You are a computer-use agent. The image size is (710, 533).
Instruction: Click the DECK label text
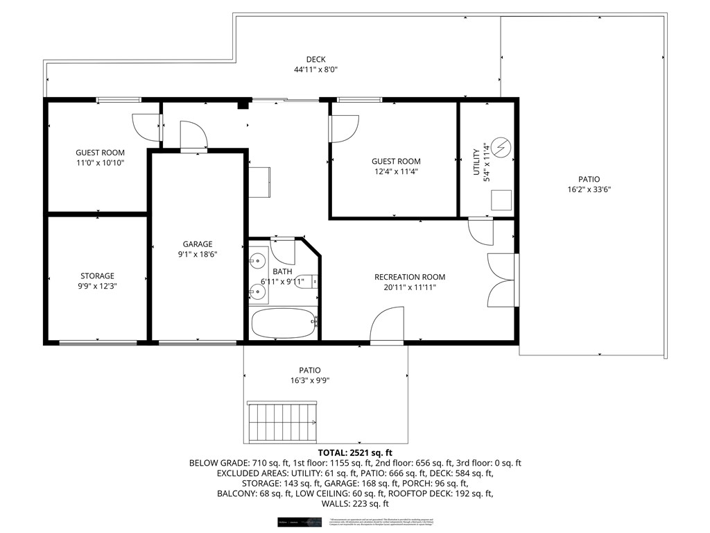315,59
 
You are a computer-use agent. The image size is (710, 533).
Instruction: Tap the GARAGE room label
198,244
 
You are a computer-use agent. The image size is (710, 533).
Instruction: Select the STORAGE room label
97,276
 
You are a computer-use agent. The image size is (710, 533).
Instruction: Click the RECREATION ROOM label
410,277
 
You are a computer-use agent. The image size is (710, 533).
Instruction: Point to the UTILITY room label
476,162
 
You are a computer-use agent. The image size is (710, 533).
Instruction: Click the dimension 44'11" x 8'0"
315,69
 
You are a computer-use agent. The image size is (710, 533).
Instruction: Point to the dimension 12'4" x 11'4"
395,171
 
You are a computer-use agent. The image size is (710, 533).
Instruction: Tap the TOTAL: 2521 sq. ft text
355,451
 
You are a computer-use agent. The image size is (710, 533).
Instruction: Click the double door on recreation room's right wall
502,279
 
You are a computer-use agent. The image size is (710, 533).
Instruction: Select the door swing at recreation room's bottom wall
388,327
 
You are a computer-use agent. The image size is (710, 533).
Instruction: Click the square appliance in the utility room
501,199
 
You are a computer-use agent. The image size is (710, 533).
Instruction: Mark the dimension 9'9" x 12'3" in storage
97,286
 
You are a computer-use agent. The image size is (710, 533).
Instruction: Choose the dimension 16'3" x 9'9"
310,380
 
